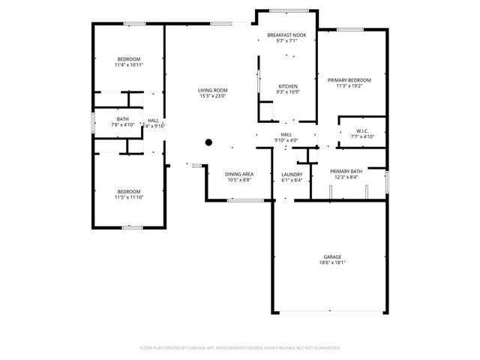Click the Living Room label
213,90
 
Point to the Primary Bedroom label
349,79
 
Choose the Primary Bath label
346,171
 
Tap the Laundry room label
292,175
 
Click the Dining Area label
238,175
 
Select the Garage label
332,256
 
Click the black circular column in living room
209,142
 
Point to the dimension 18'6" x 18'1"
332,262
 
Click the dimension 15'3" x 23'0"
213,96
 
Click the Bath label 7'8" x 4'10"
123,121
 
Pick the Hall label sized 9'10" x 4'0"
286,136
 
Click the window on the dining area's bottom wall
246,200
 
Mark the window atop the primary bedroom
350,29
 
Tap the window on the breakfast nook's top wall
287,10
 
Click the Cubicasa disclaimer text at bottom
240,348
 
